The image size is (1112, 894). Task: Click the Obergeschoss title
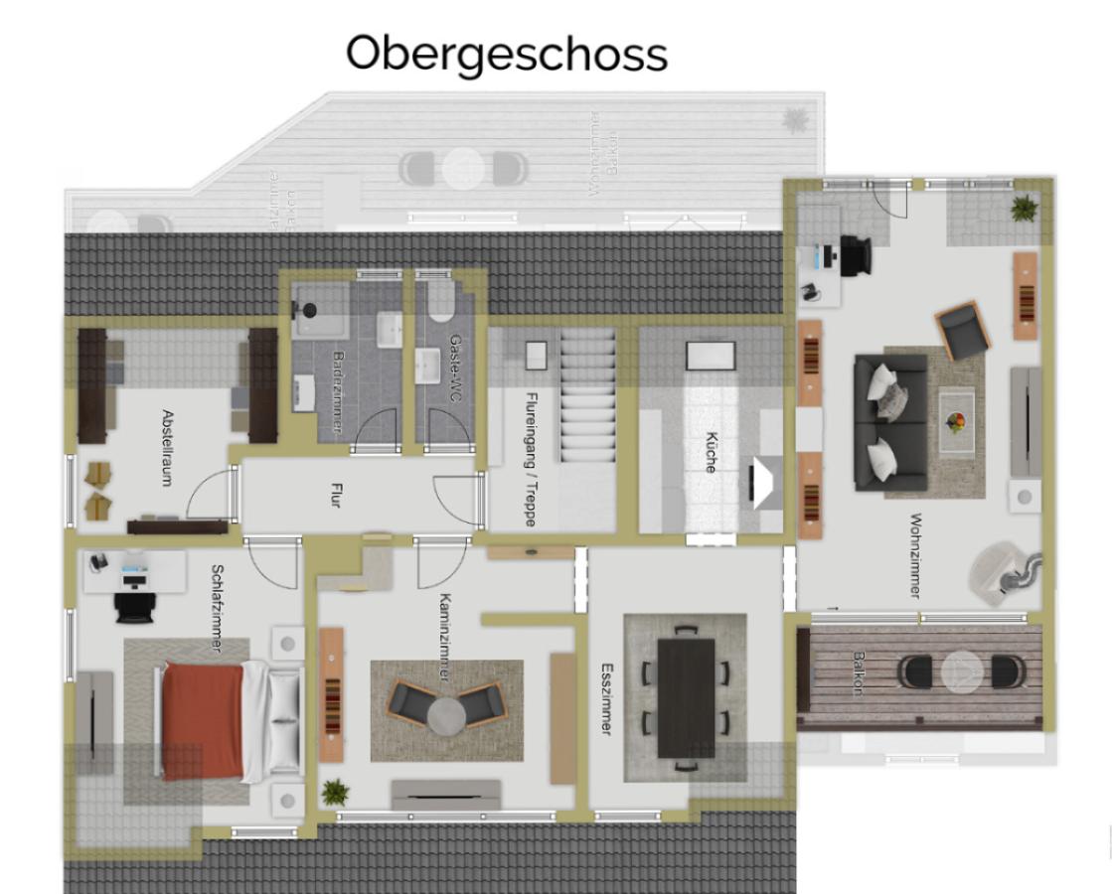[506, 54]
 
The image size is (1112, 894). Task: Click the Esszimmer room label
[606, 699]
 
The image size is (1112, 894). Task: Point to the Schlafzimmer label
[218, 608]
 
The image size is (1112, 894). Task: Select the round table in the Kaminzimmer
[446, 714]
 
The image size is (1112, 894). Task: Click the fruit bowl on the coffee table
[956, 423]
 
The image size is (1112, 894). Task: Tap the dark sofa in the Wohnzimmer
[889, 422]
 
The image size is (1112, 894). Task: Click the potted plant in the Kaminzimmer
[336, 792]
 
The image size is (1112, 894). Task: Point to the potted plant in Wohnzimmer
[1023, 208]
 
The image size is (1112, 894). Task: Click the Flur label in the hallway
[335, 495]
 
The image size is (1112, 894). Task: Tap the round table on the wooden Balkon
[961, 671]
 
